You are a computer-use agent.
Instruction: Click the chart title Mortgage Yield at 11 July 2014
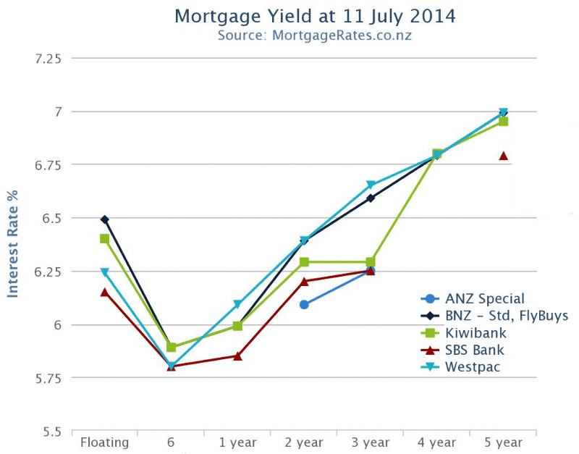point(315,16)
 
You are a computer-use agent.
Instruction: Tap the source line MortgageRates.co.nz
point(315,35)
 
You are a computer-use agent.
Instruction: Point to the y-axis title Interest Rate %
point(12,245)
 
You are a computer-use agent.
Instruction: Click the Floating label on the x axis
point(104,442)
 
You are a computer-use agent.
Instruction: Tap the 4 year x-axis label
point(436,442)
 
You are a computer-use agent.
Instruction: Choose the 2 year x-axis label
point(304,442)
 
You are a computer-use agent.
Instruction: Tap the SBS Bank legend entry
point(473,350)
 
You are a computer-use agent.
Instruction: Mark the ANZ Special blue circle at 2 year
point(304,305)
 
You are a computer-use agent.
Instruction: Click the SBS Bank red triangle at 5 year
point(503,156)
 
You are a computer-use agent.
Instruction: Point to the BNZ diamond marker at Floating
point(105,219)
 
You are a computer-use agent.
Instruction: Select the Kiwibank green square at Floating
point(105,238)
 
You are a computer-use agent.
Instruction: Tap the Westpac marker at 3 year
point(371,185)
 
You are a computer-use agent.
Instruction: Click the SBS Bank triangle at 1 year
point(237,356)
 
